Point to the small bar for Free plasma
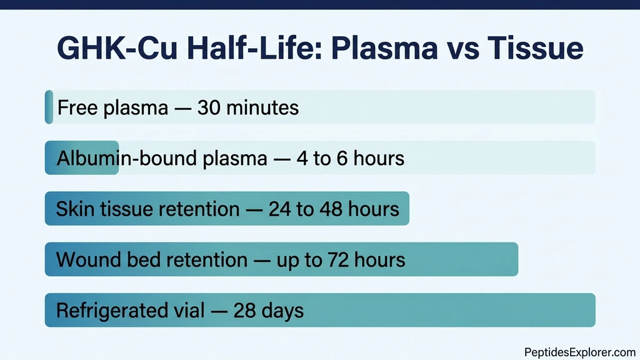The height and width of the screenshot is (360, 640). [49, 107]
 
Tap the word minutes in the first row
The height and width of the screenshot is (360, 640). [262, 107]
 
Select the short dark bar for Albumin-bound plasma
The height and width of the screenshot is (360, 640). [81, 157]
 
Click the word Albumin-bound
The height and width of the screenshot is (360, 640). [127, 158]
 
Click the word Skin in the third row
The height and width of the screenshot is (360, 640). [74, 208]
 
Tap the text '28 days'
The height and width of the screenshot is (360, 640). [269, 311]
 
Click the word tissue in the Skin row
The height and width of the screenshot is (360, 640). [127, 208]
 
